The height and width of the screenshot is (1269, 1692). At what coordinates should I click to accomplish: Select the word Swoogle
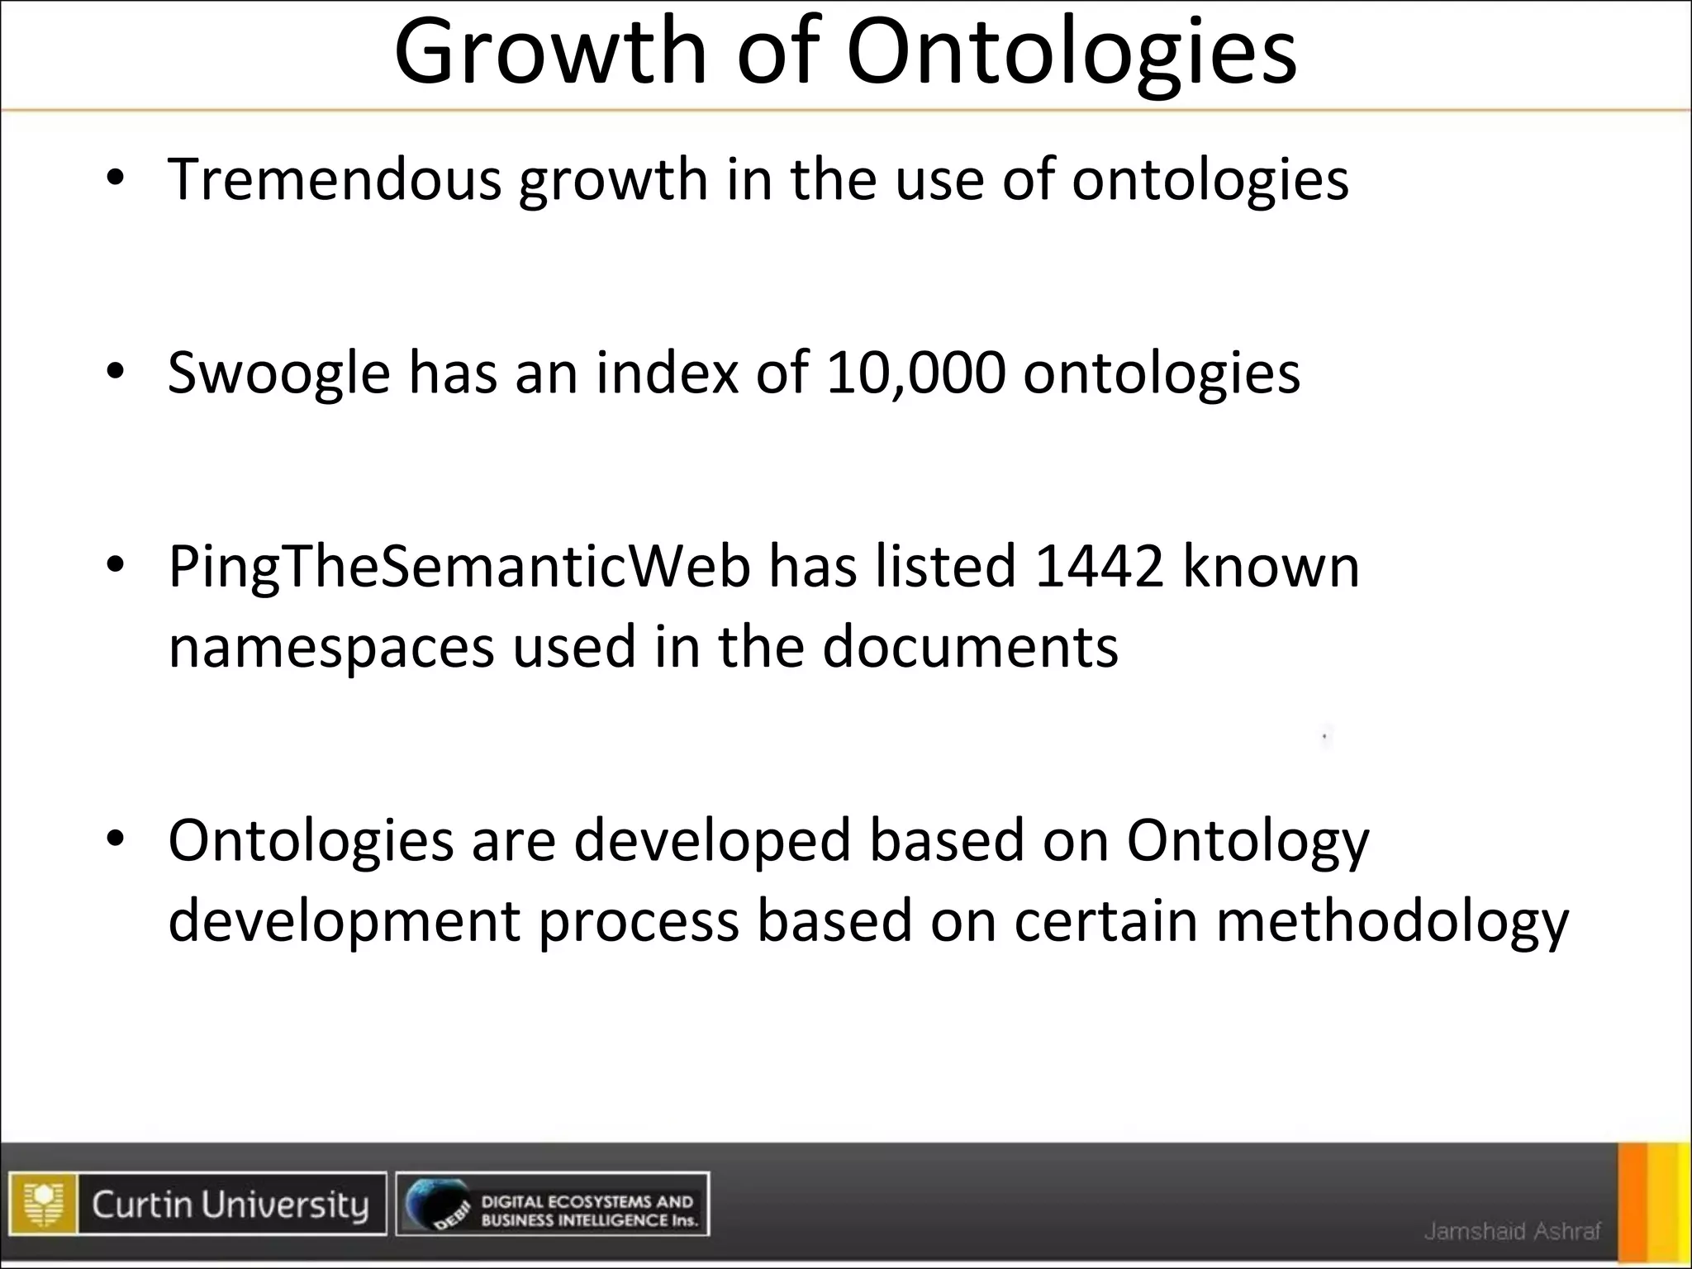point(278,373)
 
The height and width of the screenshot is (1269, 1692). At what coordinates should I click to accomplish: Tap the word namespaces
point(331,648)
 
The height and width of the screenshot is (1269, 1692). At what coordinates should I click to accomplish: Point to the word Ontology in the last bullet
point(1248,841)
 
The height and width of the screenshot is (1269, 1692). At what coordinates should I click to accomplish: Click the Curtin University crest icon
point(44,1204)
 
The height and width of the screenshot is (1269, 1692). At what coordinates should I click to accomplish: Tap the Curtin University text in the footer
point(230,1205)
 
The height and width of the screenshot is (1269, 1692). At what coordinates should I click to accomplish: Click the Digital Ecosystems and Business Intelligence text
point(588,1210)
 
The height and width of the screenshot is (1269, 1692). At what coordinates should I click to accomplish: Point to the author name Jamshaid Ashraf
point(1512,1231)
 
